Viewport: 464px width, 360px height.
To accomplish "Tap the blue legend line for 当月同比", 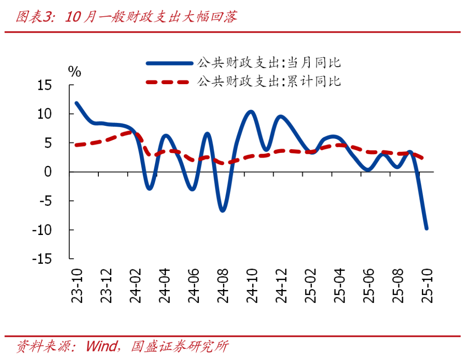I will pos(169,63).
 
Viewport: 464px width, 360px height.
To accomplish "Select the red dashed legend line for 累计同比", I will pos(169,81).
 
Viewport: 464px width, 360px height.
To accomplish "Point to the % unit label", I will pos(75,72).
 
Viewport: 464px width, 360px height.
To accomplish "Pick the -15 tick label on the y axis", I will pos(48,259).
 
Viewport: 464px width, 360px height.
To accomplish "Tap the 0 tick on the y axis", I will pos(59,172).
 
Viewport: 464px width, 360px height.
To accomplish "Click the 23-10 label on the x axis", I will pos(77,286).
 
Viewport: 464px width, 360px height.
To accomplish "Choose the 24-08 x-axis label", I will pos(223,286).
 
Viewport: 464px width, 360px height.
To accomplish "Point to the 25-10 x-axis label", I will pos(427,286).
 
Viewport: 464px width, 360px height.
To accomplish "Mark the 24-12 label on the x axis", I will pos(282,286).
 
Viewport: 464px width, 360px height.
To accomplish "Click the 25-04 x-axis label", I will pos(340,286).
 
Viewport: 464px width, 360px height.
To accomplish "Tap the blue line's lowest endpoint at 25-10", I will pos(427,228).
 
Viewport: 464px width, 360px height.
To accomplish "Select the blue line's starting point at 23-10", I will pos(76,103).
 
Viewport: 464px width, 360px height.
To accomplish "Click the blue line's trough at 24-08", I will pos(223,211).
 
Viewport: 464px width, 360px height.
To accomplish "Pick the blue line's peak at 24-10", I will pos(251,112).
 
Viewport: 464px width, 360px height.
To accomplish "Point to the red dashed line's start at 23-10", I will pos(76,145).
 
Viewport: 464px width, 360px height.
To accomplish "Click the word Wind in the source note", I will pos(101,346).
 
